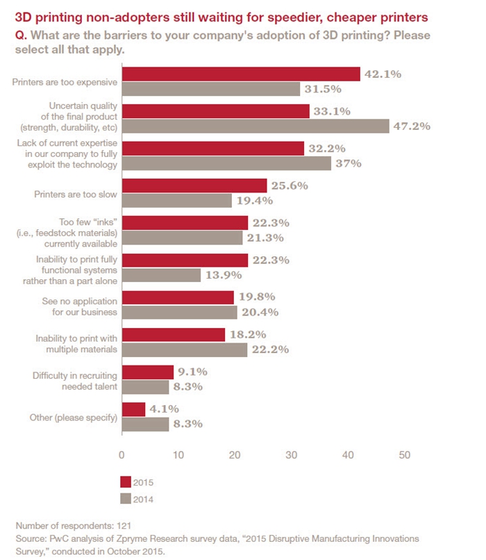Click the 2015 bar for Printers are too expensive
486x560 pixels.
pyautogui.click(x=241, y=74)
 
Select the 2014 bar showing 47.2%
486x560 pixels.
pyautogui.click(x=255, y=126)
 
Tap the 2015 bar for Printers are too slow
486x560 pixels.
pyautogui.click(x=194, y=186)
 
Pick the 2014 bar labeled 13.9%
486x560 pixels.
pyautogui.click(x=161, y=275)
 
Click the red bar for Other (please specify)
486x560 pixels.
pyautogui.click(x=134, y=409)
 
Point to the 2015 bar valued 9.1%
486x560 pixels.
pyautogui.click(x=148, y=372)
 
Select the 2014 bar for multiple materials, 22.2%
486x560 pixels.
pyautogui.click(x=185, y=350)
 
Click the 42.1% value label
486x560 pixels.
pyautogui.click(x=384, y=74)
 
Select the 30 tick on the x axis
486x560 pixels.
pyautogui.click(x=292, y=455)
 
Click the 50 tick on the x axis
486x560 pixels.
pyautogui.click(x=404, y=455)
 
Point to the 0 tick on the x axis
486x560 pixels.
pyautogui.click(x=122, y=455)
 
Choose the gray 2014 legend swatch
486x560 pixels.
pyautogui.click(x=126, y=498)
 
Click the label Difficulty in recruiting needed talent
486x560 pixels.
pyautogui.click(x=74, y=380)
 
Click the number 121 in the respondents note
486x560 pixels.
pyautogui.click(x=121, y=526)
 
